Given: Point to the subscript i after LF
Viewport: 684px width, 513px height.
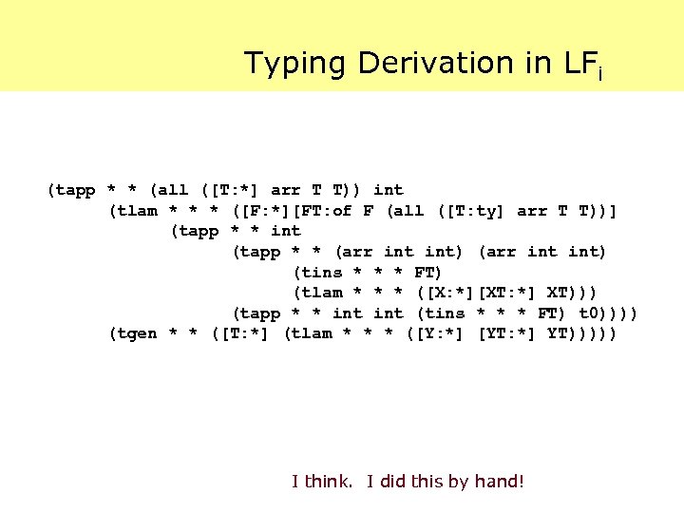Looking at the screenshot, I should coord(599,72).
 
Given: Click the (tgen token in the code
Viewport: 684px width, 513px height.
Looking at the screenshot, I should coord(134,333).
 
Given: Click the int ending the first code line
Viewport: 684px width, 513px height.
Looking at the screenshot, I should coord(388,190).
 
